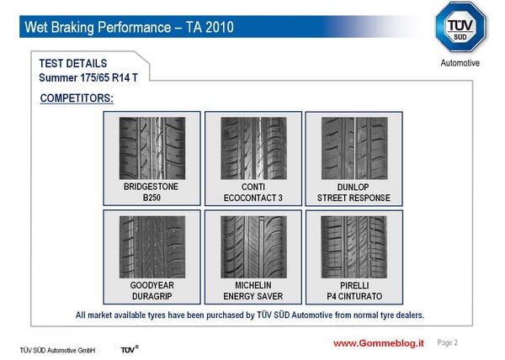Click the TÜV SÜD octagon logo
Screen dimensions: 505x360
pyautogui.click(x=460, y=27)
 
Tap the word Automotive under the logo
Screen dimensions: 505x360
pyautogui.click(x=460, y=63)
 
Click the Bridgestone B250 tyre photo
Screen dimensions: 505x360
pyautogui.click(x=152, y=148)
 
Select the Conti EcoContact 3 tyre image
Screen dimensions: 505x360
pyautogui.click(x=253, y=148)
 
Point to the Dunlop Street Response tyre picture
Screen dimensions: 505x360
pyautogui.click(x=354, y=148)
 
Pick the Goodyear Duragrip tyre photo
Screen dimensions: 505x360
pyautogui.click(x=152, y=247)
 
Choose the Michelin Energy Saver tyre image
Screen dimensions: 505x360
pyautogui.click(x=253, y=247)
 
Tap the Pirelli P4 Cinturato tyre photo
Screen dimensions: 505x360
pyautogui.click(x=354, y=247)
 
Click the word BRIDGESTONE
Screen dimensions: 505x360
pyautogui.click(x=151, y=187)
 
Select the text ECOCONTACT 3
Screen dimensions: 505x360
pyautogui.click(x=253, y=198)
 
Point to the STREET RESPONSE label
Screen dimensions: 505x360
pyautogui.click(x=353, y=198)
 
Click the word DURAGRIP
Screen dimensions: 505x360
pyautogui.click(x=152, y=296)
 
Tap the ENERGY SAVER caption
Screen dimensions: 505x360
pyautogui.click(x=253, y=296)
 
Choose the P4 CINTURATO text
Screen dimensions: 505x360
pyautogui.click(x=354, y=296)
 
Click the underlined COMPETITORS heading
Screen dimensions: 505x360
pyautogui.click(x=77, y=98)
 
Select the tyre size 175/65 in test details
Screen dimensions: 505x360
pyautogui.click(x=94, y=78)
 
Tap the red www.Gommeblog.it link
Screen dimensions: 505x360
pyautogui.click(x=379, y=343)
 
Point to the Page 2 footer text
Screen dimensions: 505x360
pyautogui.click(x=448, y=343)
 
